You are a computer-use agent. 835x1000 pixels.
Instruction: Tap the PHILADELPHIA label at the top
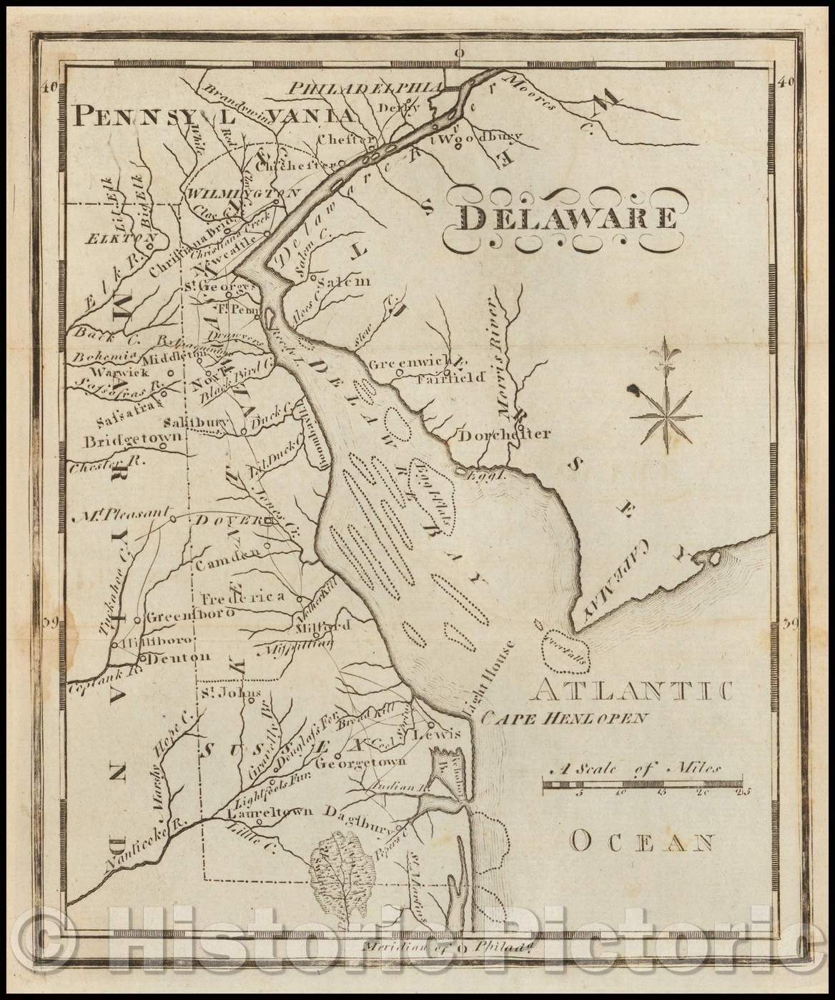(x=362, y=87)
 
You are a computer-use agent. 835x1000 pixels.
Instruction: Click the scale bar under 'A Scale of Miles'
(x=641, y=786)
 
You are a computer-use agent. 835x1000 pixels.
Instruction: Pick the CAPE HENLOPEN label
(x=563, y=718)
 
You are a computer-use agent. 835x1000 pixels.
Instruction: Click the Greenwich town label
(x=404, y=364)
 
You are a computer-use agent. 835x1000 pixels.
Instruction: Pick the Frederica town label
(x=242, y=597)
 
